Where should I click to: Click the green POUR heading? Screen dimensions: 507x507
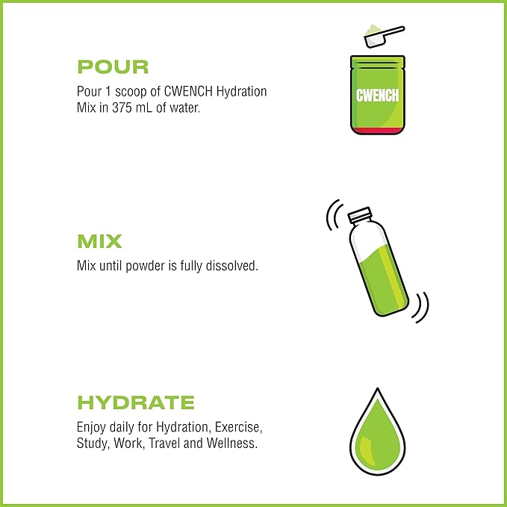pos(113,67)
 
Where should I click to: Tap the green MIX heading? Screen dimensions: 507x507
pos(99,241)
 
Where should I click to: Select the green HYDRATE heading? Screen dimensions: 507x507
pos(136,402)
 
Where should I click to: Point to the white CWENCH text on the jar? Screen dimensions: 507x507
pos(377,96)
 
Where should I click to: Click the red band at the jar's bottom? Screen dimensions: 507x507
pos(378,131)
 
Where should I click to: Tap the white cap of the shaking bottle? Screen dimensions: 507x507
pos(359,214)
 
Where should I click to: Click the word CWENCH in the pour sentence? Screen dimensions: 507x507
pos(188,92)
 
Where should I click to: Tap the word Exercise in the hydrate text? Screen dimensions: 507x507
pos(238,427)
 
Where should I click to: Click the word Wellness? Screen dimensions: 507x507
pos(231,443)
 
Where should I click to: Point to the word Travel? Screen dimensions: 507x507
pos(164,444)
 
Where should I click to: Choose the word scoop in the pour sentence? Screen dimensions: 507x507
pos(131,92)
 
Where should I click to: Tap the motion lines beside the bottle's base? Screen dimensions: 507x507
pos(420,308)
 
